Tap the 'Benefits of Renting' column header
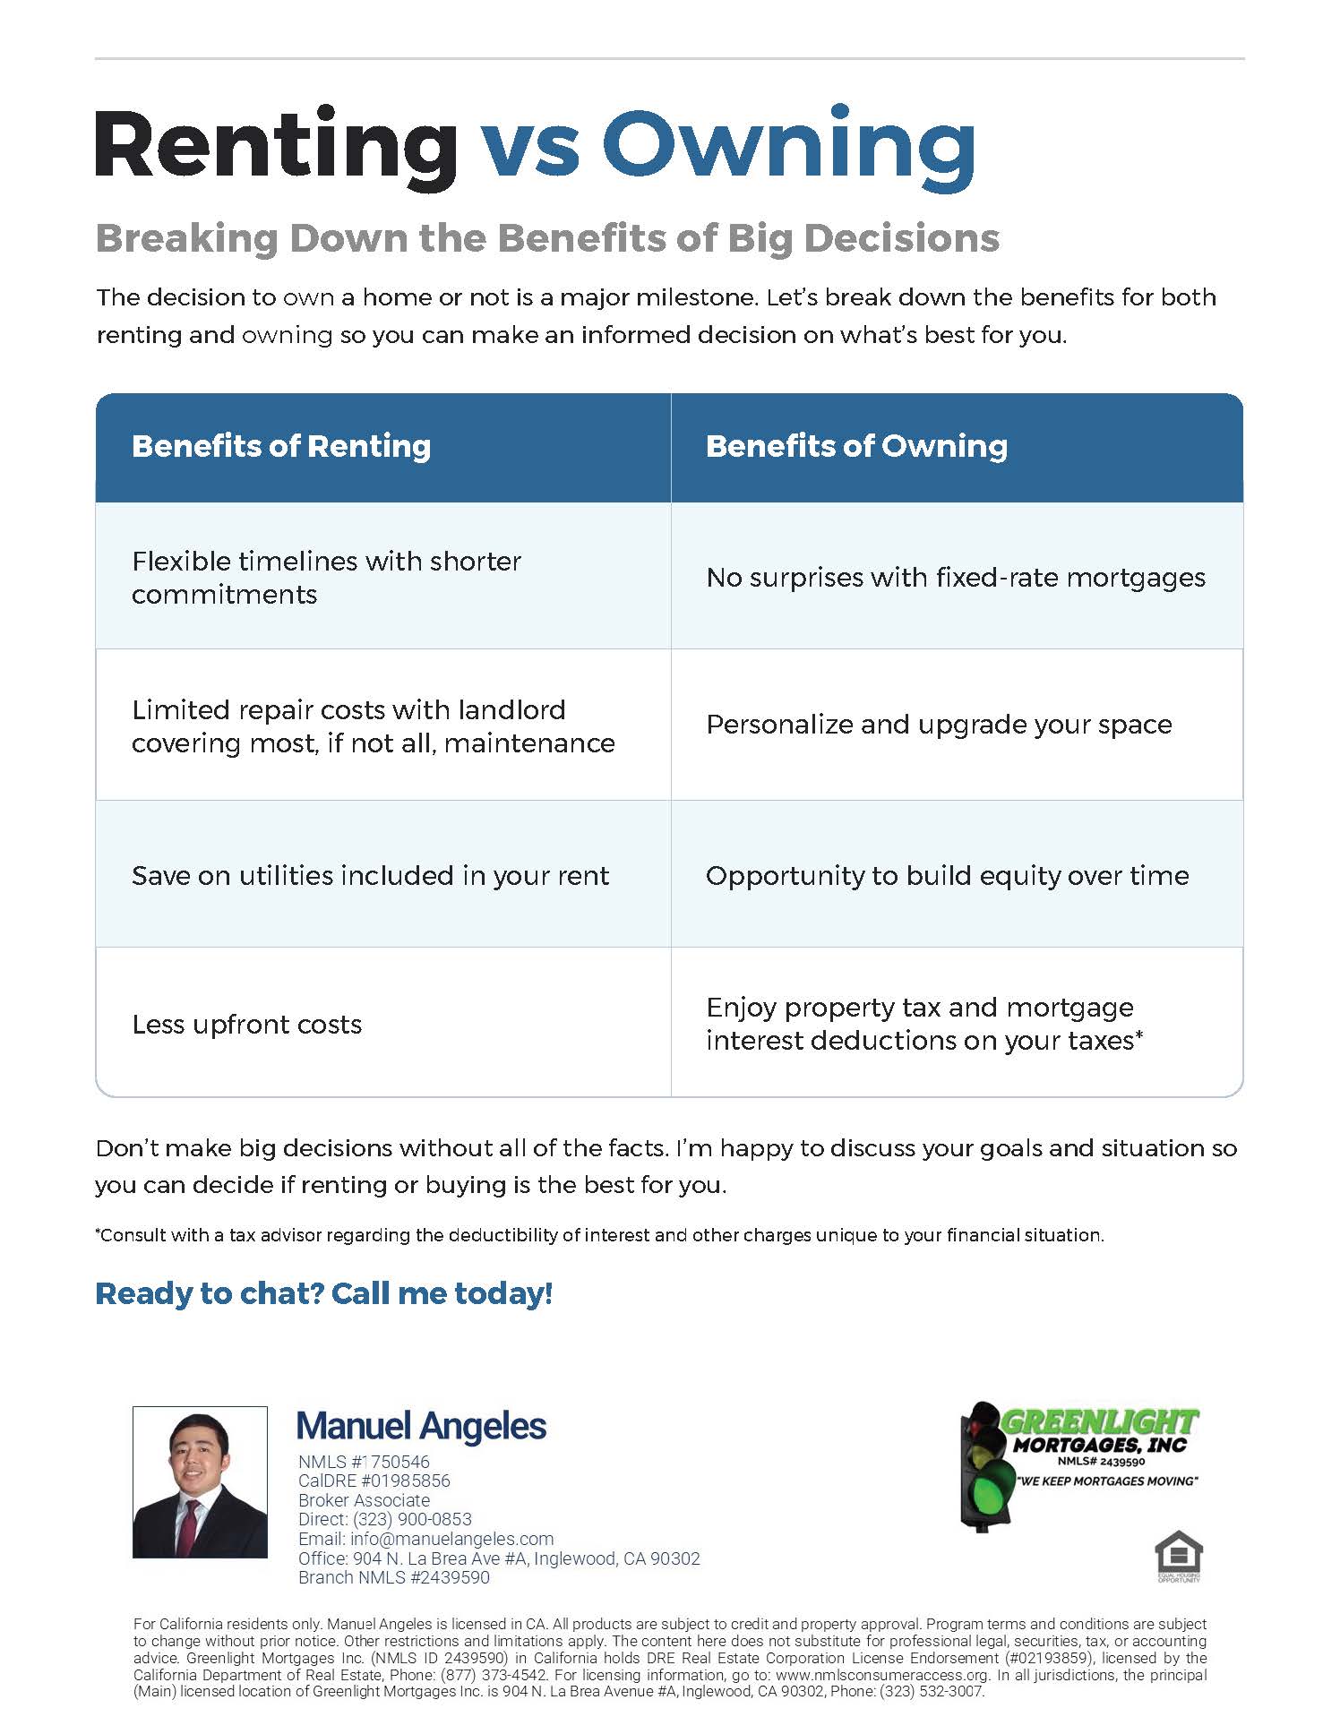[x=281, y=446]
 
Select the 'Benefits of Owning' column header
[x=856, y=446]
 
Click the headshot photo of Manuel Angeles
[x=200, y=1482]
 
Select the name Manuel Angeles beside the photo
[x=421, y=1427]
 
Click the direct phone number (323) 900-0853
[x=412, y=1519]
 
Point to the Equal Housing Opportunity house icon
[x=1179, y=1556]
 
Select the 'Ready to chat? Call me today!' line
[x=324, y=1293]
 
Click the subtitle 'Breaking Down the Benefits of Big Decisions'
[x=547, y=238]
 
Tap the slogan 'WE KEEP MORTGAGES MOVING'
[x=1108, y=1481]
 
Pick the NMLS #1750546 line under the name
[x=364, y=1462]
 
